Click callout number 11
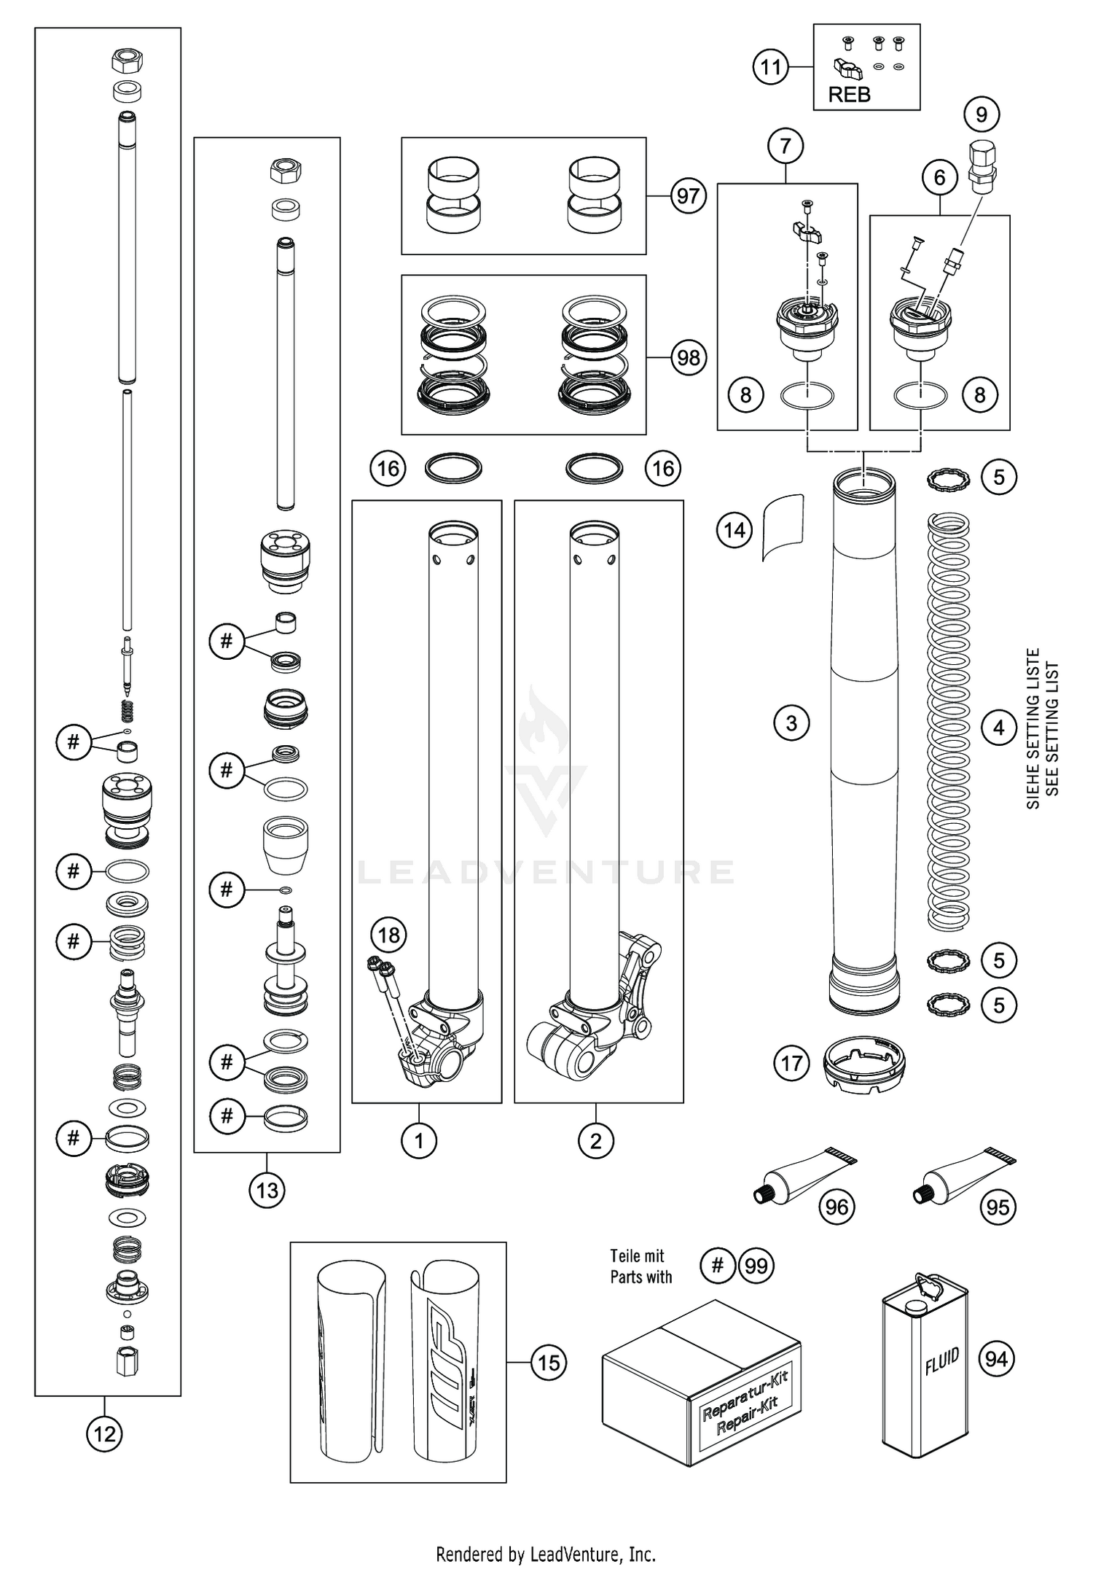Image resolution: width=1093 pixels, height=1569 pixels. click(771, 68)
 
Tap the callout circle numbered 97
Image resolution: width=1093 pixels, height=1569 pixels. click(688, 196)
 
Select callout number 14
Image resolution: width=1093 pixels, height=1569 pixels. click(734, 529)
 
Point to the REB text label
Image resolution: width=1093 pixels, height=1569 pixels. click(849, 95)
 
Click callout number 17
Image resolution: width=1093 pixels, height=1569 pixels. click(792, 1064)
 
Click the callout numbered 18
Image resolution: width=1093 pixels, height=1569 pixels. click(389, 935)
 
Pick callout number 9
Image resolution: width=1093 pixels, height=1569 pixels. click(982, 114)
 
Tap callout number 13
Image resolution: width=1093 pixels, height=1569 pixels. click(267, 1191)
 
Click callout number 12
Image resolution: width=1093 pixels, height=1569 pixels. click(105, 1435)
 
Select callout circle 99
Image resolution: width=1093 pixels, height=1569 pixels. click(756, 1266)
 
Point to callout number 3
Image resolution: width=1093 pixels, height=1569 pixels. click(791, 723)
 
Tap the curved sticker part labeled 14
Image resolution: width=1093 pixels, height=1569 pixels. click(783, 527)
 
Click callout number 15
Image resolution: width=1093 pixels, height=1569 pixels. click(549, 1363)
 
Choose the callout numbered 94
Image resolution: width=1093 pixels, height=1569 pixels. click(996, 1359)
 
